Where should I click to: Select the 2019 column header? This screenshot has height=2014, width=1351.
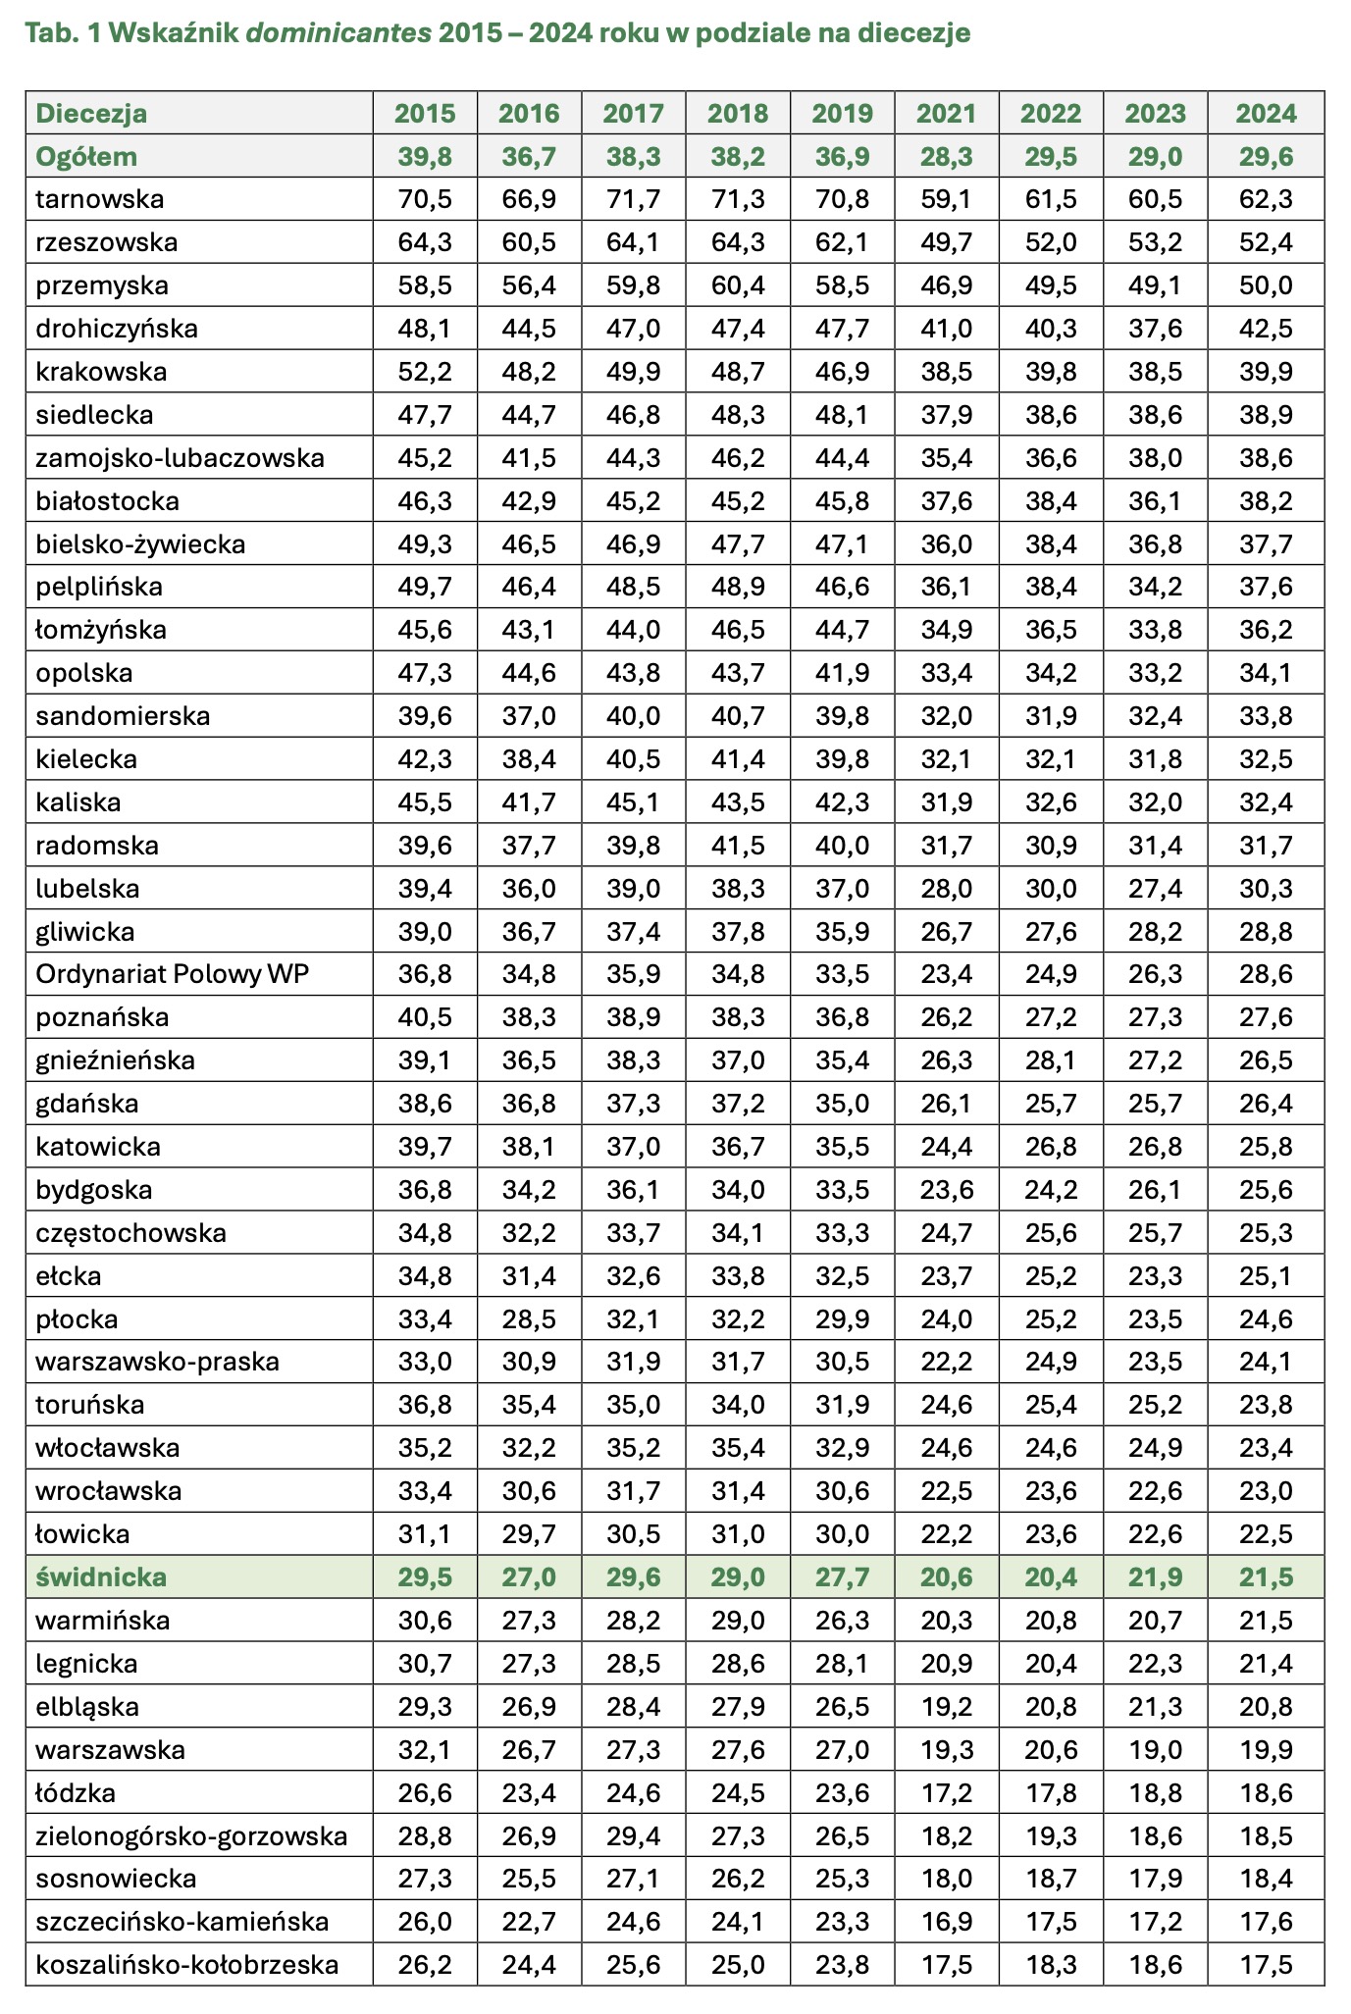coord(842,114)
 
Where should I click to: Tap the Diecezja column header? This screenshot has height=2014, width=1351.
coord(91,114)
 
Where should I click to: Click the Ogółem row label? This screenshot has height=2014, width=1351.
coord(86,157)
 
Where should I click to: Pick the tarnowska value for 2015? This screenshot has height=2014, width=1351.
coord(425,200)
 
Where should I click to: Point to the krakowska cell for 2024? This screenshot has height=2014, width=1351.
coord(1265,373)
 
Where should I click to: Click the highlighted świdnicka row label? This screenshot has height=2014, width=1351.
coord(101,1578)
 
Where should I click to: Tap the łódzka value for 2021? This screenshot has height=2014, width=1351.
coord(946,1794)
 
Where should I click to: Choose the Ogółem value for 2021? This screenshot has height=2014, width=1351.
coord(946,157)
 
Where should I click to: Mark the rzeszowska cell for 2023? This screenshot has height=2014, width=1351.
coord(1155,243)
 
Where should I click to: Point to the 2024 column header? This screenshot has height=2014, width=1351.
coord(1265,114)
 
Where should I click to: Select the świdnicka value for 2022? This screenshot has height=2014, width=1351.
coord(1051,1578)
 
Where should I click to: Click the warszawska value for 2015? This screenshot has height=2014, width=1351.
coord(425,1751)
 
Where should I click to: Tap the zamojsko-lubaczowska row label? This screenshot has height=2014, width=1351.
coord(180,459)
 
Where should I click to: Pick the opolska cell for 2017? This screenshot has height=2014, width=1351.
coord(633,674)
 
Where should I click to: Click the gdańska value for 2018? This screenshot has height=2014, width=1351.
coord(738,1105)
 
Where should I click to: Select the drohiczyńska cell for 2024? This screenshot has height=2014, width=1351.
coord(1265,330)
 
